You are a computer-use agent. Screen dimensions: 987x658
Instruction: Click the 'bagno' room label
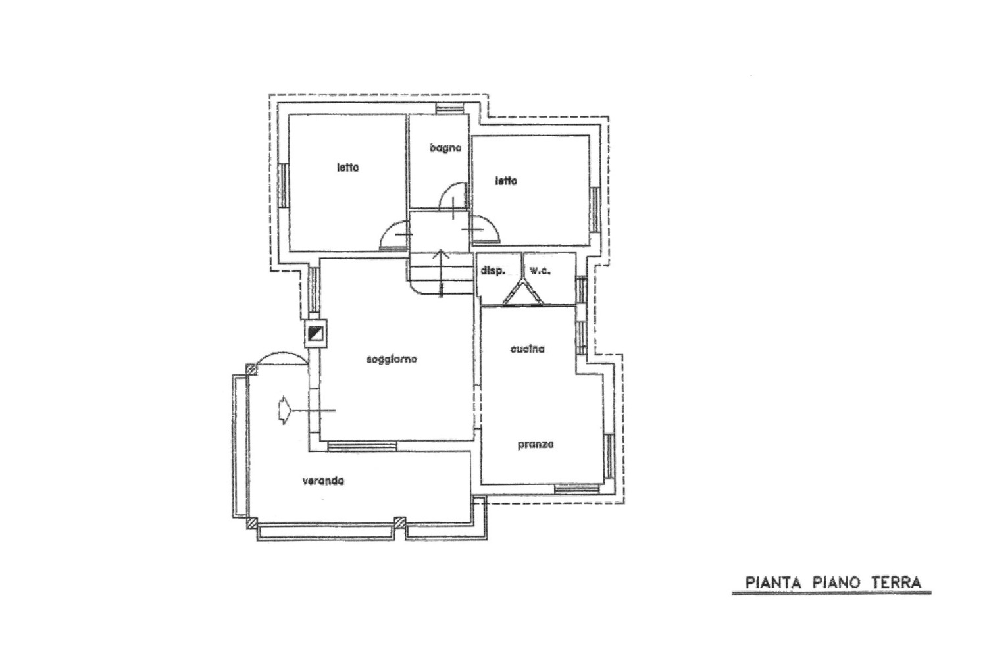(x=445, y=148)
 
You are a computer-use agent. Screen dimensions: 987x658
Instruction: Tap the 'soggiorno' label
(x=392, y=360)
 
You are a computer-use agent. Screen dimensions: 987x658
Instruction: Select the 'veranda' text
(x=323, y=481)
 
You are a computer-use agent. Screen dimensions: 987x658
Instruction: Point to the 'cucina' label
(x=528, y=349)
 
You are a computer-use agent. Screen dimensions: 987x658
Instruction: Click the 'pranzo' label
(x=536, y=445)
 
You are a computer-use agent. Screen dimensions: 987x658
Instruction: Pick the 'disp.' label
(x=493, y=271)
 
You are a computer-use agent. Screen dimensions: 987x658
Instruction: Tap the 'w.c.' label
(x=540, y=271)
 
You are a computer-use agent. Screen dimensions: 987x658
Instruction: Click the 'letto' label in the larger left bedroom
(x=347, y=168)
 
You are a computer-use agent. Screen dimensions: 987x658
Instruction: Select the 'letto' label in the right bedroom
(x=505, y=181)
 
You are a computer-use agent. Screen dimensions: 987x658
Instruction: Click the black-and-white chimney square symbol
(x=315, y=333)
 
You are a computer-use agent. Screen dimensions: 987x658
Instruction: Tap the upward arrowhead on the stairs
(x=442, y=253)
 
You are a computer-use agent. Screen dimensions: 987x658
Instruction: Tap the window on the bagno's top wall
(x=449, y=108)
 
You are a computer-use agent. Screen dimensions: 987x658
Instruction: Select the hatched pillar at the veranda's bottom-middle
(x=399, y=522)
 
